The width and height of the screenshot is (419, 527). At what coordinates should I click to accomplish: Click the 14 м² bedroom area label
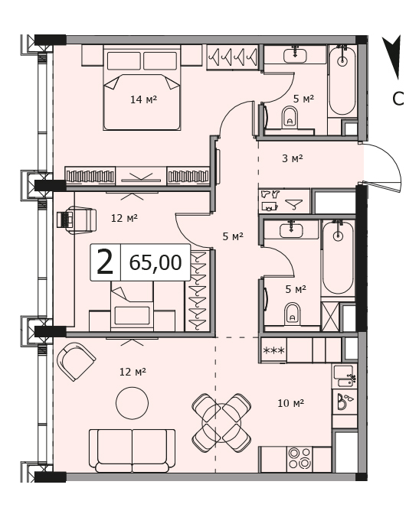(x=144, y=99)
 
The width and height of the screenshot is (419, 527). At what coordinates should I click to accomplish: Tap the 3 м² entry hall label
(x=292, y=158)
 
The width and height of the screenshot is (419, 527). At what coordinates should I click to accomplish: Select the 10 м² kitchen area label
(x=291, y=402)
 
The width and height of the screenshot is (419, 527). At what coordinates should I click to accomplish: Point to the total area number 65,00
(x=155, y=262)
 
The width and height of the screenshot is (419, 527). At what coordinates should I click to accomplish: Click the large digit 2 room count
(x=105, y=262)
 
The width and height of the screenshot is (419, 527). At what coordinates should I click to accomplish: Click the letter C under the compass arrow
(x=398, y=99)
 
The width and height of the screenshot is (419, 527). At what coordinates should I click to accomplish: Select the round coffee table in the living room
(x=133, y=402)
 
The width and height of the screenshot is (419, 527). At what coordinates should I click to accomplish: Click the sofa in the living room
(x=132, y=451)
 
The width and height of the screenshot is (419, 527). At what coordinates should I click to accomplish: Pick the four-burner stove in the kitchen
(x=300, y=458)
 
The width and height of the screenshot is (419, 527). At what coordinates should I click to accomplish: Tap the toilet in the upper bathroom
(x=290, y=117)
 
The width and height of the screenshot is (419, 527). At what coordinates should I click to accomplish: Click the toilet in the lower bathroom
(x=292, y=314)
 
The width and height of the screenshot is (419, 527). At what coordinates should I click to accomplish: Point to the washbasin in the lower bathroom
(x=291, y=230)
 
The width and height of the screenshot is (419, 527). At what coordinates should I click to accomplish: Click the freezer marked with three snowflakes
(x=273, y=350)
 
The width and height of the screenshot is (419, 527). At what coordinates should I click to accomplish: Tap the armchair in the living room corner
(x=77, y=361)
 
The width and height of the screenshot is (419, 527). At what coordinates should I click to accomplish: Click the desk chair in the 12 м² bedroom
(x=77, y=220)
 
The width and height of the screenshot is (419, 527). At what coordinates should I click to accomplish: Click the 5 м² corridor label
(x=233, y=236)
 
